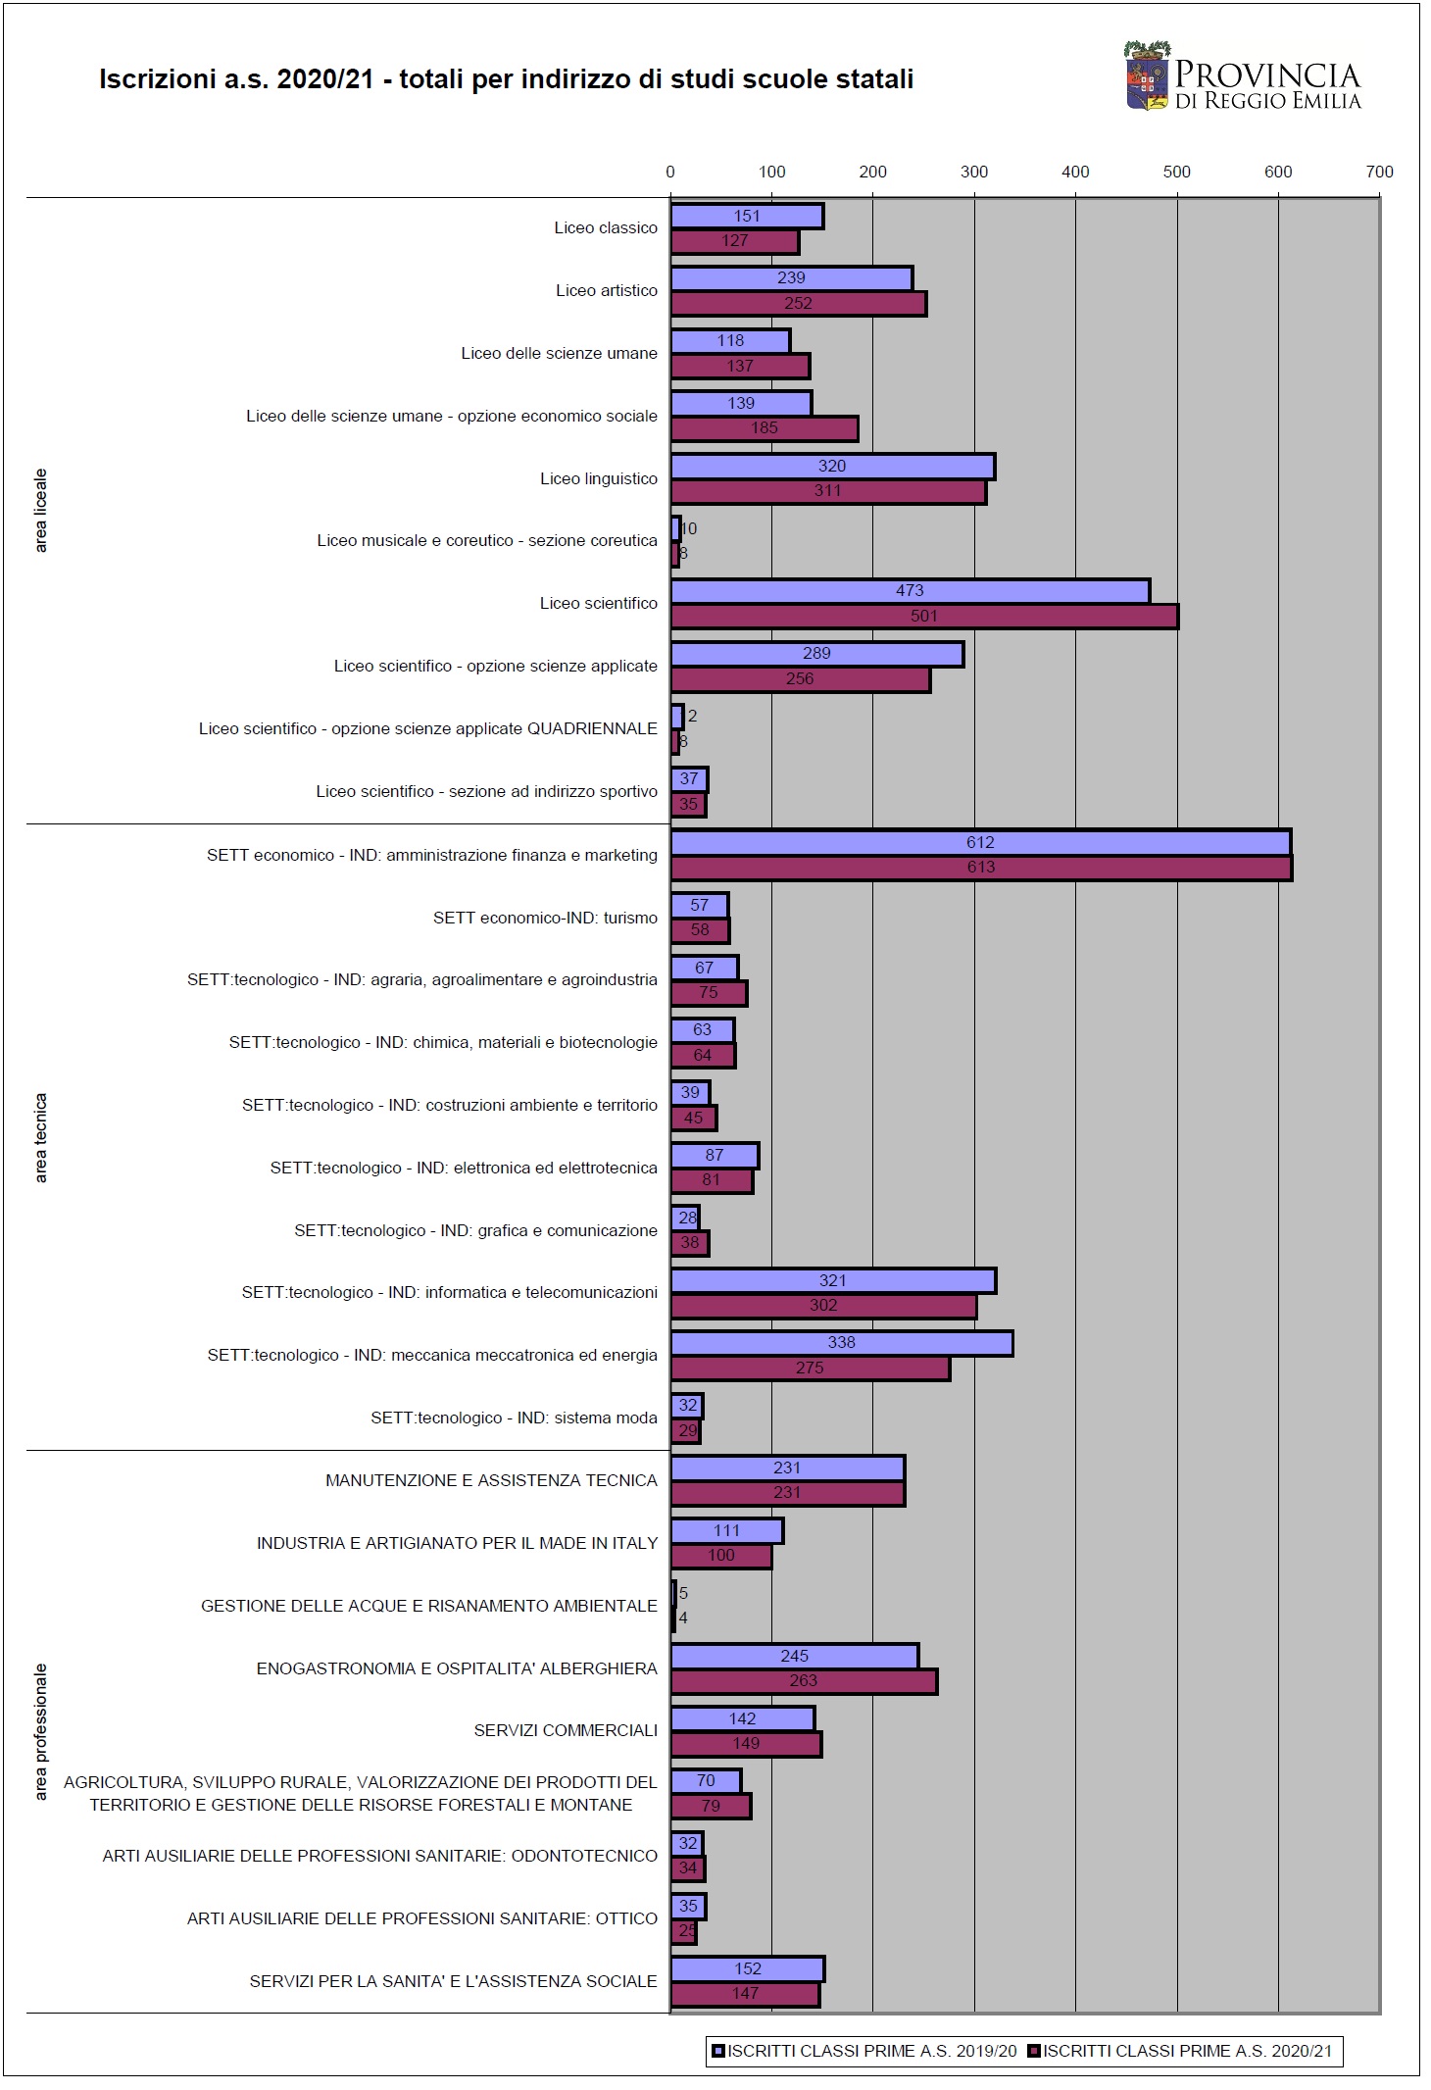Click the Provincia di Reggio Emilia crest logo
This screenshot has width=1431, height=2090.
[x=1148, y=75]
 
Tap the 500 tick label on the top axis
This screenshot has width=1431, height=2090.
[x=1176, y=172]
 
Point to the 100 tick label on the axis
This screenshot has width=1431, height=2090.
[x=771, y=172]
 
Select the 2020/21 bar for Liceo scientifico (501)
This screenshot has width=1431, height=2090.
[x=924, y=617]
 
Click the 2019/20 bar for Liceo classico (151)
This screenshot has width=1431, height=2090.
[x=747, y=216]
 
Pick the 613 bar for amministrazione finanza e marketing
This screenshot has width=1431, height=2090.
[x=981, y=868]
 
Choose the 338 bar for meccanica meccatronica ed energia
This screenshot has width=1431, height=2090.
[x=842, y=1343]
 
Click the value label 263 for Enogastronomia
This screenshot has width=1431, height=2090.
[x=804, y=1680]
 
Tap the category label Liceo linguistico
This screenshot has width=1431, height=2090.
[x=599, y=478]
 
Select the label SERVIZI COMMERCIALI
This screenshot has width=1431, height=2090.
[x=566, y=1730]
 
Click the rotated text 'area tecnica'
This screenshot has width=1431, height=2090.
[x=41, y=1137]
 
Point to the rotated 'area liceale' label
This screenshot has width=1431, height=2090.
[x=41, y=511]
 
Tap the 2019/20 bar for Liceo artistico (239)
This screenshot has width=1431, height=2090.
[x=791, y=278]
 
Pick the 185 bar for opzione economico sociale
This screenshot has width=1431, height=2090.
[x=765, y=428]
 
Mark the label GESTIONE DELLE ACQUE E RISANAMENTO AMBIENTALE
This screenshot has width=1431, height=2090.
[x=429, y=1606]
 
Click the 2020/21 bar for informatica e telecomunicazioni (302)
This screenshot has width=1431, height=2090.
[x=823, y=1306]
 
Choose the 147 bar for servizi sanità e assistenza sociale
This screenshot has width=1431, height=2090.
[x=745, y=1993]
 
